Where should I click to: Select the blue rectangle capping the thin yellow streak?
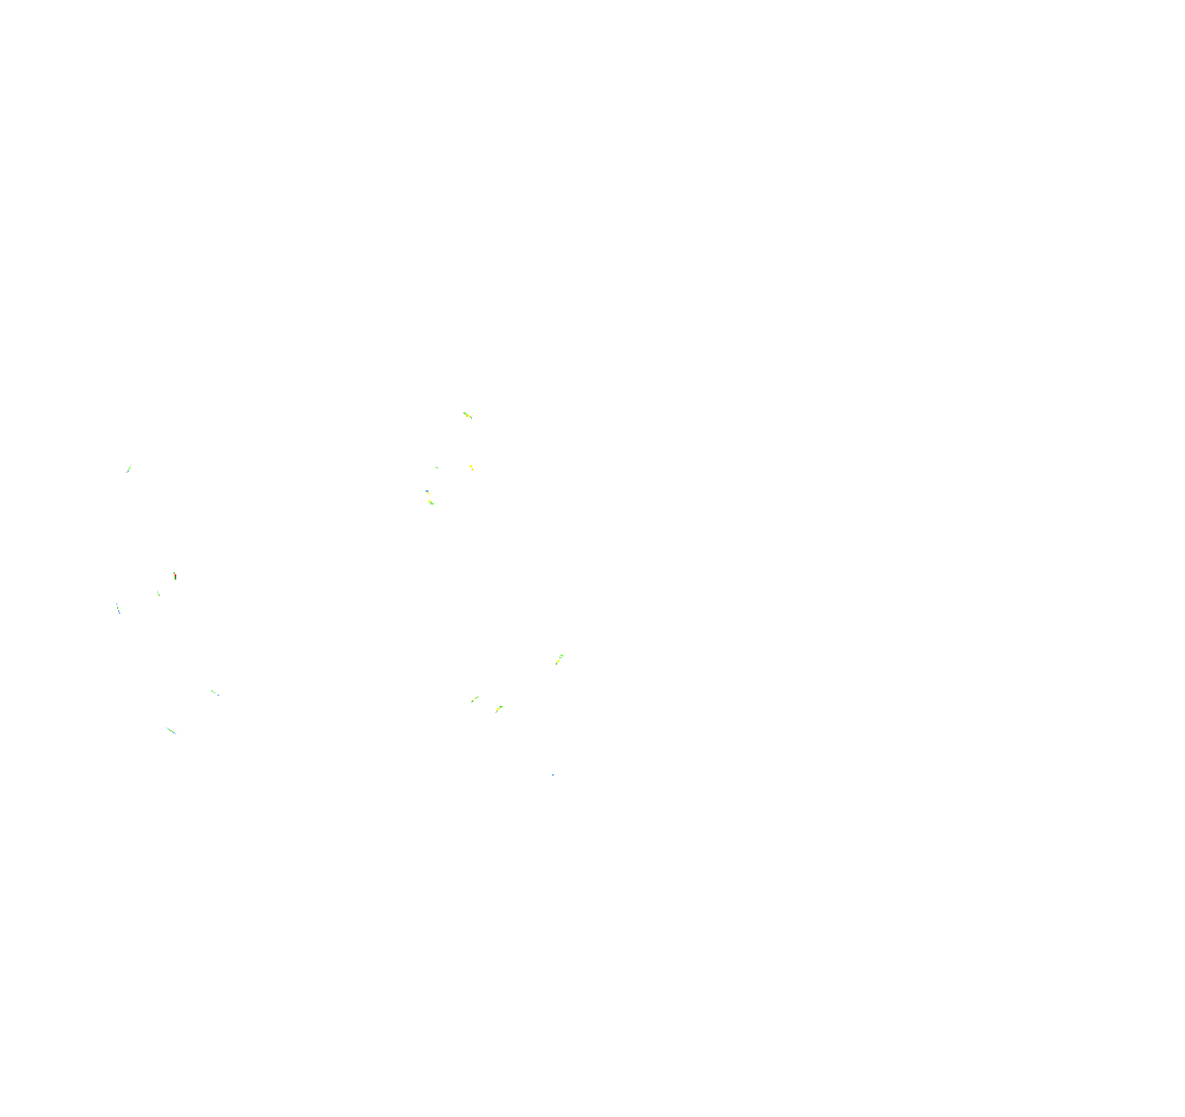(427, 491)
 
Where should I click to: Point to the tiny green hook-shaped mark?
(438, 468)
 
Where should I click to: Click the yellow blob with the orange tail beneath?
(471, 466)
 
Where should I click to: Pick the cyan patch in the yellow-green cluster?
(431, 503)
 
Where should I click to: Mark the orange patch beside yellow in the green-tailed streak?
(468, 416)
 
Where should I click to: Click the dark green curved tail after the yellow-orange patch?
(472, 418)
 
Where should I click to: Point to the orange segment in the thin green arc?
(475, 699)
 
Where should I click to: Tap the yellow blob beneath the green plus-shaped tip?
(559, 661)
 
